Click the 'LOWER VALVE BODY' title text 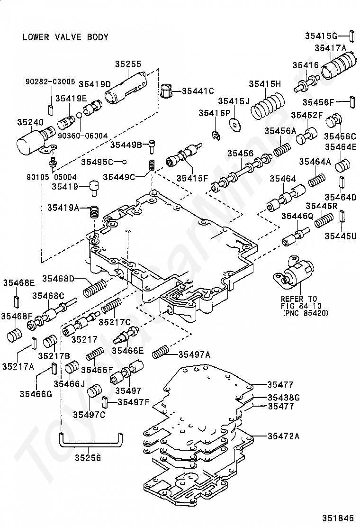[x=65, y=37]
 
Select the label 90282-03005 [x=50, y=82]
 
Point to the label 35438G [x=283, y=397]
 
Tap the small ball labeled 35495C [x=124, y=162]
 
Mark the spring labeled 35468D [x=95, y=287]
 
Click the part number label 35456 [x=240, y=153]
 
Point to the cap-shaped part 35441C [x=166, y=91]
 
